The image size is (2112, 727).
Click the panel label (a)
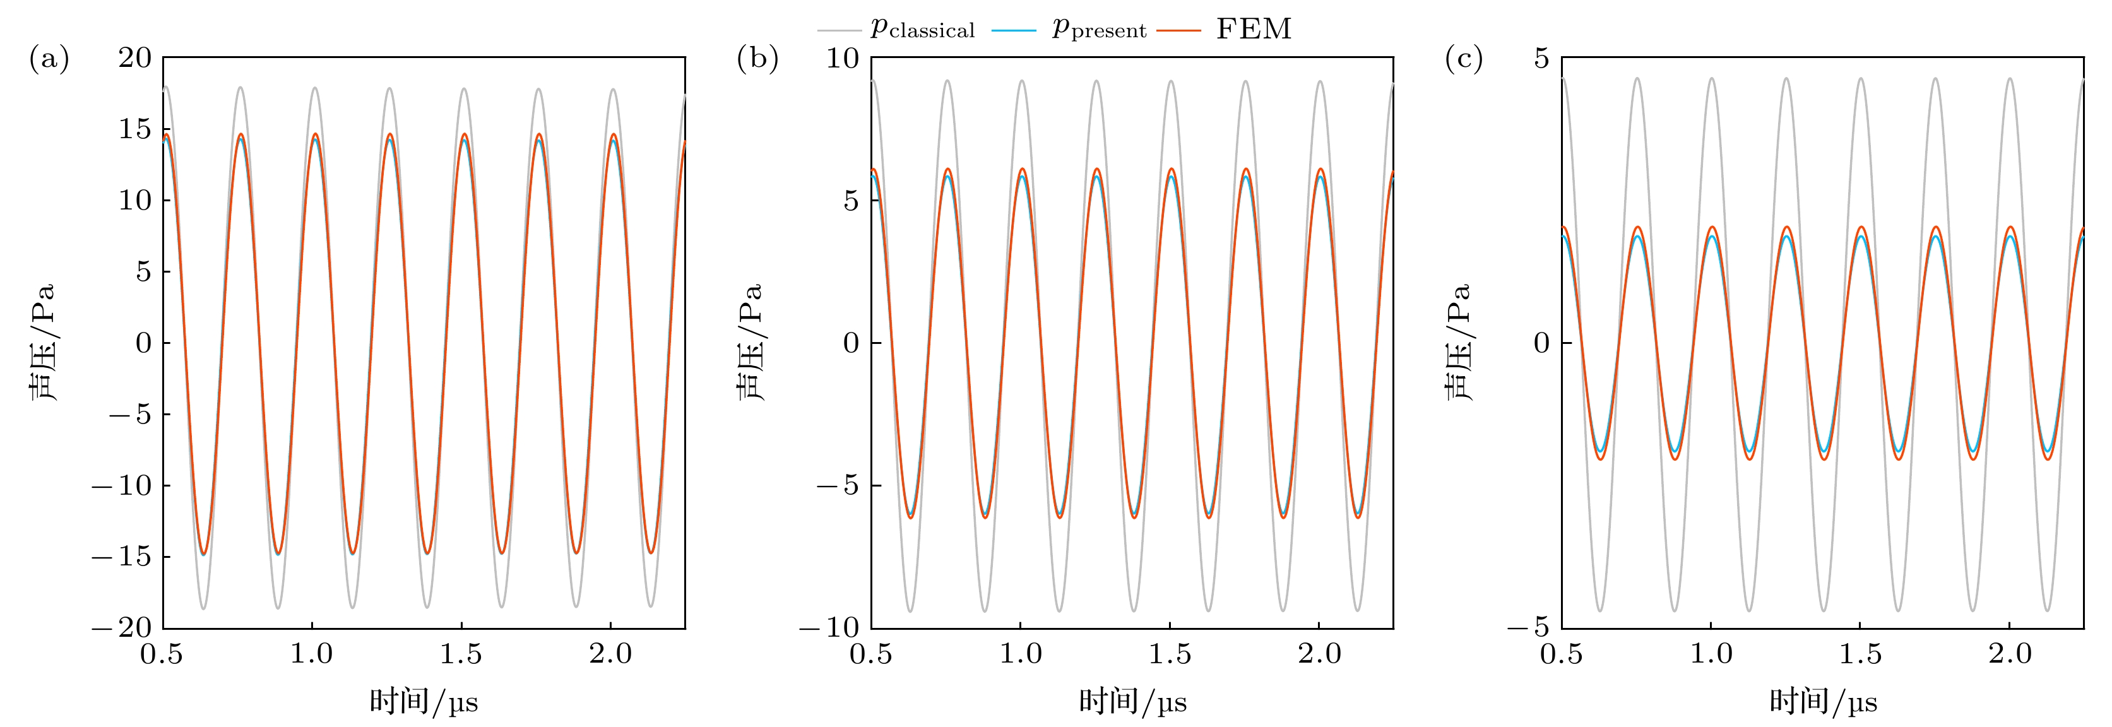click(x=49, y=59)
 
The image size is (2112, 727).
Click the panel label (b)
click(x=757, y=59)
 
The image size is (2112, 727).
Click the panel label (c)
click(x=1464, y=59)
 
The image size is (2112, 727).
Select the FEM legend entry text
click(x=1254, y=30)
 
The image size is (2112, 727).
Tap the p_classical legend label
click(x=922, y=30)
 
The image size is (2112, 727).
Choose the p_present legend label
click(x=1099, y=30)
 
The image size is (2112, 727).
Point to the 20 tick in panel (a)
click(x=135, y=57)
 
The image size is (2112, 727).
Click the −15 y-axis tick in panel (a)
click(x=122, y=557)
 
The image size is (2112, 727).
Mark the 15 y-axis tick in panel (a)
click(x=135, y=129)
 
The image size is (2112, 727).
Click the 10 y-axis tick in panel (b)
click(x=842, y=57)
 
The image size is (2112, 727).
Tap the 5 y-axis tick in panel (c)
click(x=1542, y=57)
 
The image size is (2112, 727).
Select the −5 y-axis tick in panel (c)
click(x=1530, y=628)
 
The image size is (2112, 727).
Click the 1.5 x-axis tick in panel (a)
click(x=461, y=654)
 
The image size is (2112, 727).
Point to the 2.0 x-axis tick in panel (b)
click(x=1319, y=654)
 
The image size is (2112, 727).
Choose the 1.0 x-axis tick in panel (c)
click(x=1711, y=654)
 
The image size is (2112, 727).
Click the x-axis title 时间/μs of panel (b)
click(x=1132, y=702)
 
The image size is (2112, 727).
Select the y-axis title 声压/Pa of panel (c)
click(x=1457, y=343)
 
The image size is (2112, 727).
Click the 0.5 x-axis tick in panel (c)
click(x=1561, y=654)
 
